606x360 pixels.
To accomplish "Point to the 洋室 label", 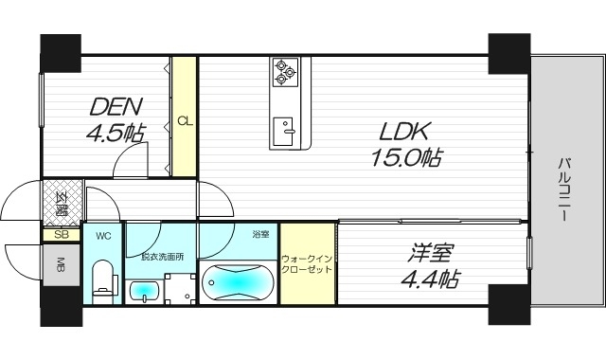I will click(x=430, y=255).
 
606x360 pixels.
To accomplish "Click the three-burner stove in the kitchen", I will click(x=285, y=69).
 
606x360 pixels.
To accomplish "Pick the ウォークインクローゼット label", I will click(x=307, y=263).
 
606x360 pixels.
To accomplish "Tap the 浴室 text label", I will click(x=260, y=234).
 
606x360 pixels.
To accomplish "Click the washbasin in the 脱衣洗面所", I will click(x=144, y=291).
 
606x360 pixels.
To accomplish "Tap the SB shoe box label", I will click(x=61, y=234).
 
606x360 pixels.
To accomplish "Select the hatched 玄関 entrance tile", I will click(x=61, y=202).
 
